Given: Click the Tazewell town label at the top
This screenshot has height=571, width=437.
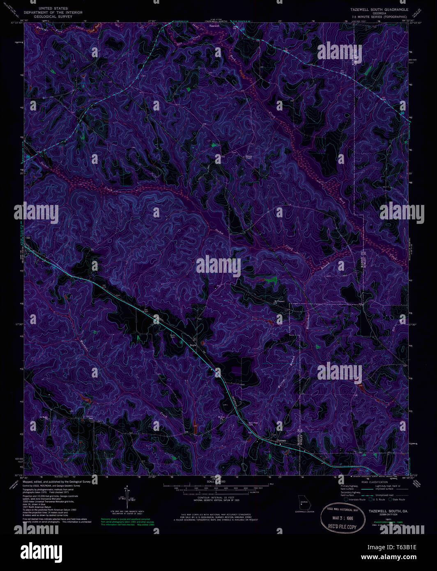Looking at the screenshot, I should pyautogui.click(x=214, y=25).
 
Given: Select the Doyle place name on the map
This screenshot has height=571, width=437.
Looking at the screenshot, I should pyautogui.click(x=193, y=345).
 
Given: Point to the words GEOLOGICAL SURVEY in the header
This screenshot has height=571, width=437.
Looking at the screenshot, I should pyautogui.click(x=53, y=16).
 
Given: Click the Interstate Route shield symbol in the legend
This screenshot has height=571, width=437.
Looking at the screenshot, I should pyautogui.click(x=346, y=500).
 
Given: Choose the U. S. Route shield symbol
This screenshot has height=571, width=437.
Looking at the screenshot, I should pyautogui.click(x=371, y=500).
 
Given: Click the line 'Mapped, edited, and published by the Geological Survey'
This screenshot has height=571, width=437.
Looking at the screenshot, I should pyautogui.click(x=57, y=481).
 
